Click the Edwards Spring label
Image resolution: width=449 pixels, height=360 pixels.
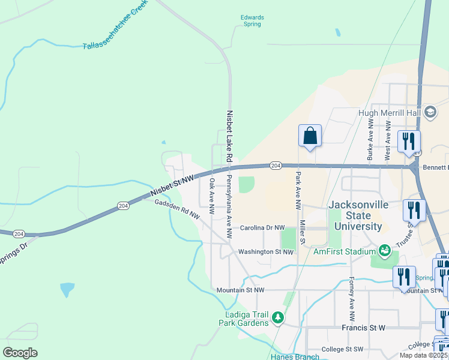[252, 20]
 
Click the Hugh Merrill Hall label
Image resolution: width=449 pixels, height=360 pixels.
[390, 112]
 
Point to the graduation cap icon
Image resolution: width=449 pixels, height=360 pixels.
[430, 112]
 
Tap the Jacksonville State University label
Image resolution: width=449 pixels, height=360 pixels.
[358, 215]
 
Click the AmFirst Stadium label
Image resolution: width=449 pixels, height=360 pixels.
[344, 252]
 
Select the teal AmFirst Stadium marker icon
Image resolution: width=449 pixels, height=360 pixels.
[384, 249]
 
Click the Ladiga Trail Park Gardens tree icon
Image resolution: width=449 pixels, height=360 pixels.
[277, 317]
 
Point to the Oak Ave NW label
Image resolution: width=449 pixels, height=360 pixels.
[211, 196]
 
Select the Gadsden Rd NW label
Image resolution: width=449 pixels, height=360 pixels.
[177, 211]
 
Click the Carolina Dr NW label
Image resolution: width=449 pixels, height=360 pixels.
[262, 228]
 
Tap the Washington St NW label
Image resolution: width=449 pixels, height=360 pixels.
[265, 252]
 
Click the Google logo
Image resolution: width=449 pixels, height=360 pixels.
[20, 352]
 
